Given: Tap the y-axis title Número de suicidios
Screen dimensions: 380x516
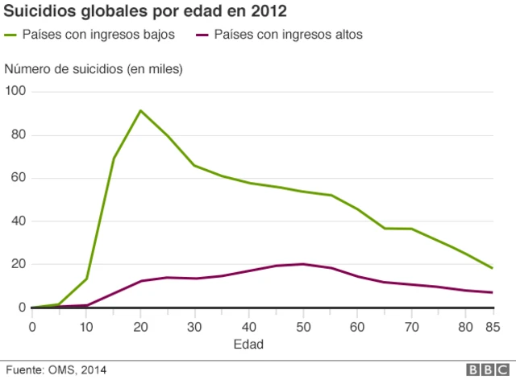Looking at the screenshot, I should tap(94, 69).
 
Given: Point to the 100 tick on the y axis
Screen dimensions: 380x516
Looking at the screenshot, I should tap(16, 92).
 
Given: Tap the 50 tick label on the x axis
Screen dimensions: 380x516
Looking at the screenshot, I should tap(302, 325).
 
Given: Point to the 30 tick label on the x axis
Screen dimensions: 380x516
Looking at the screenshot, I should tap(194, 325).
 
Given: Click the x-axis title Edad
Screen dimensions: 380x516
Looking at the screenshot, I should tap(249, 344).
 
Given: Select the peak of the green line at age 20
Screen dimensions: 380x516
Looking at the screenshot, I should tap(140, 110).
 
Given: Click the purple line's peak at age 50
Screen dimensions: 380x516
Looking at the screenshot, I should tap(302, 264).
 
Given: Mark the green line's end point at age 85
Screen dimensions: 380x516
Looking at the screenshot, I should tap(492, 268).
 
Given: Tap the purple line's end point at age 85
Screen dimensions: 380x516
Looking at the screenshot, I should tap(492, 292).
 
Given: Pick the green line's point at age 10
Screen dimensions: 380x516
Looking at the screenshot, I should tap(86, 279).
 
